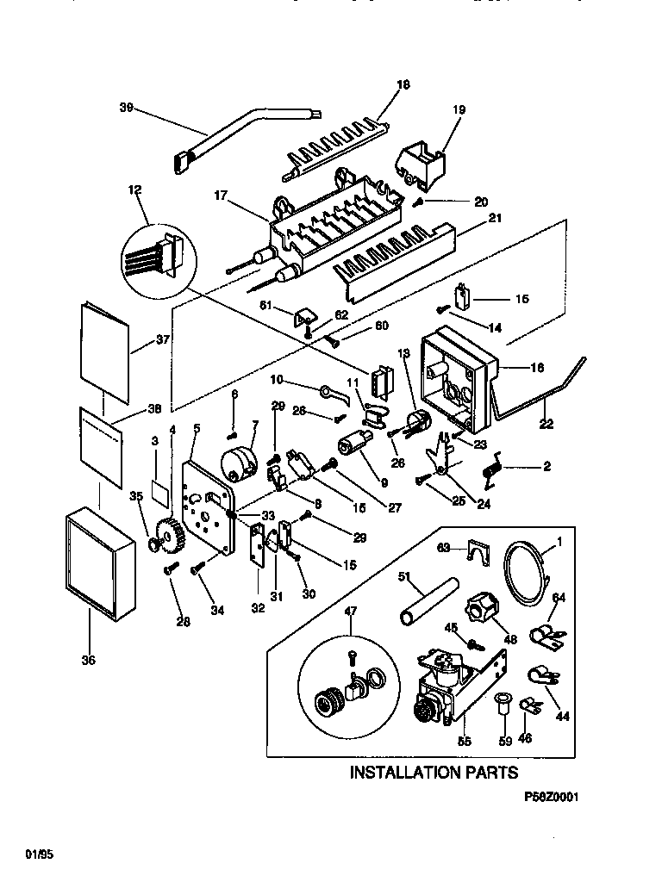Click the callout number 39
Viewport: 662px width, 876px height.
tap(125, 108)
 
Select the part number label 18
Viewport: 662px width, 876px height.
tap(403, 84)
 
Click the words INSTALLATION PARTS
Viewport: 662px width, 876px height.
tap(434, 772)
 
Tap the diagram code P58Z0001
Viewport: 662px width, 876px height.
tap(551, 798)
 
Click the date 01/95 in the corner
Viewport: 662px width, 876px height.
tap(35, 854)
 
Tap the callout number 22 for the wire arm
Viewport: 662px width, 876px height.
tap(546, 423)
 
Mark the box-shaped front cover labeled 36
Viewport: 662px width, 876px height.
tap(99, 564)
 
